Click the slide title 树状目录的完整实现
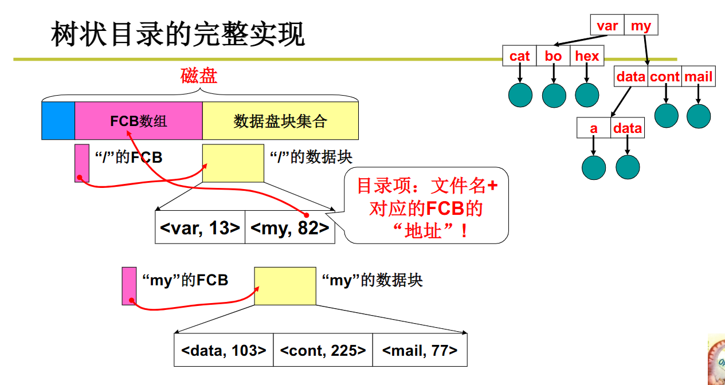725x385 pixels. tap(178, 34)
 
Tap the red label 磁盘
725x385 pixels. tap(199, 76)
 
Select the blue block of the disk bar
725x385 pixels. tap(58, 121)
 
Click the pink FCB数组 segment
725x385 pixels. tap(139, 121)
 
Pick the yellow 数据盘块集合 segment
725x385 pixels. tap(280, 121)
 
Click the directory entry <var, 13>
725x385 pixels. tap(200, 227)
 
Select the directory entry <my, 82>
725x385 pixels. tap(290, 227)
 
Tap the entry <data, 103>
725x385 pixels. tap(224, 350)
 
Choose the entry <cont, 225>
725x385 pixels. tap(323, 350)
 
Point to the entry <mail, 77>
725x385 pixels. tap(420, 350)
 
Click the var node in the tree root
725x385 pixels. tap(608, 26)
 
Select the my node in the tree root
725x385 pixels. tap(641, 26)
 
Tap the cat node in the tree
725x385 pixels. tap(519, 56)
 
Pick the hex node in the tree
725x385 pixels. tap(587, 56)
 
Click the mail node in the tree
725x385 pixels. tap(699, 77)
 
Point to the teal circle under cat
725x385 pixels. tap(520, 95)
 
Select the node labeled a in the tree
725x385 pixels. tap(594, 128)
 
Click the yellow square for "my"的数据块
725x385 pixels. tap(285, 286)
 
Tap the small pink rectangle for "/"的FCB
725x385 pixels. tap(82, 163)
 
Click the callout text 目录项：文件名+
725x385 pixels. tap(428, 186)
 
